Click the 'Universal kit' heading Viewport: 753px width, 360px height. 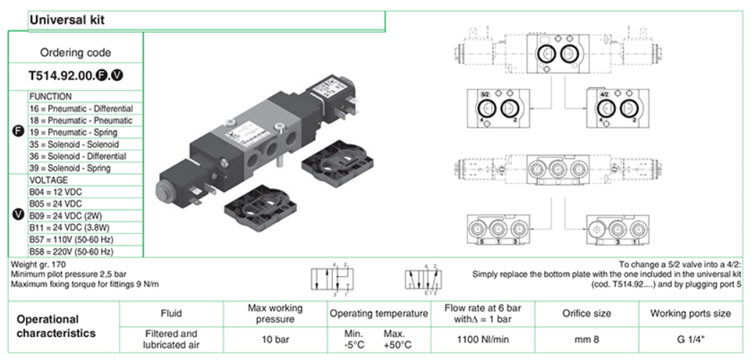67,21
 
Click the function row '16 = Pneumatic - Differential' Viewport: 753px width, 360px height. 81,109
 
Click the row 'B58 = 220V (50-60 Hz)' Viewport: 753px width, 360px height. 71,251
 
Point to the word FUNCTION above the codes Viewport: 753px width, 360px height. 50,97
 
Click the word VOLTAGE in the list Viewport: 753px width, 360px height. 48,180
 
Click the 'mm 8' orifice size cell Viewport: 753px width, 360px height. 586,339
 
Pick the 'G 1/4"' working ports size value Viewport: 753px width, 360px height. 690,339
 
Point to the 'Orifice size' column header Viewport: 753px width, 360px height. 586,313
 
